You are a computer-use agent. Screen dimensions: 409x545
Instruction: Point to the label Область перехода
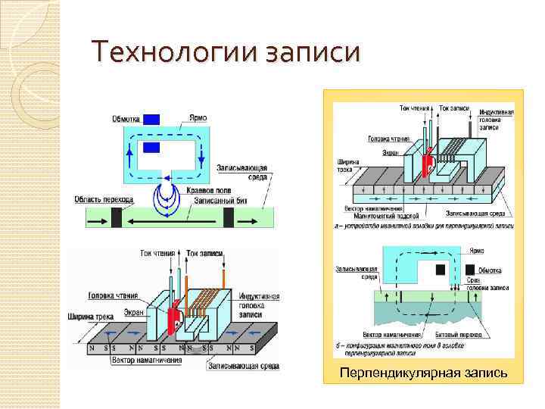click(x=104, y=200)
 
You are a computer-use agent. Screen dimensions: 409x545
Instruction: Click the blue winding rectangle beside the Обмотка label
click(x=152, y=118)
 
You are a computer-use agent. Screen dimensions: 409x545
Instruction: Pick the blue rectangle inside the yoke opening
click(x=152, y=148)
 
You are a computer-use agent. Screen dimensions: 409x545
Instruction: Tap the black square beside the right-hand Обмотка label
click(x=471, y=269)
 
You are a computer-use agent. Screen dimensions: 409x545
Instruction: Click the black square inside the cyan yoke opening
click(x=440, y=269)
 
